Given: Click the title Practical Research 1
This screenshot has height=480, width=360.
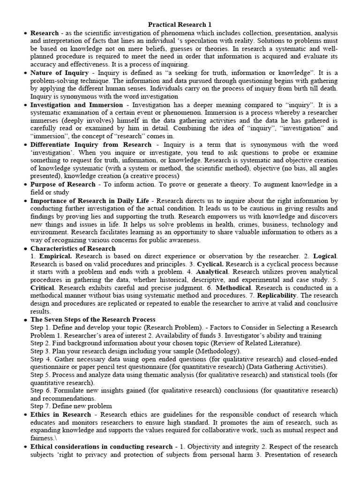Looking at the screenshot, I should click(x=180, y=24).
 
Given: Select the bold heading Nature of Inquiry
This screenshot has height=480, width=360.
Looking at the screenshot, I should click(x=60, y=73).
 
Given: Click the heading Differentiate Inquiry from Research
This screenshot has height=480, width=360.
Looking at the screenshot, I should click(x=91, y=145).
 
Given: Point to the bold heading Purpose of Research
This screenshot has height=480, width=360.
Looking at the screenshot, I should click(x=63, y=184).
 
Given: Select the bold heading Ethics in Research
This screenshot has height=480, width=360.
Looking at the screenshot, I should click(x=60, y=414).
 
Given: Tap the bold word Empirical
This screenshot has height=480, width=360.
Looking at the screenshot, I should click(x=55, y=256).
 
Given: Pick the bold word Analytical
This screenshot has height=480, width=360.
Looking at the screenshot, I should click(x=212, y=271).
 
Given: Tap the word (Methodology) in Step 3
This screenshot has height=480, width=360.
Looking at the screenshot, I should click(x=217, y=351).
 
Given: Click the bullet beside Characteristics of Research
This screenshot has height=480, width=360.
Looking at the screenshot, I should click(x=24, y=249).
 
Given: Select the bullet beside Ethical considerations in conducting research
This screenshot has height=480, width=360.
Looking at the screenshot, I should click(x=24, y=447).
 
